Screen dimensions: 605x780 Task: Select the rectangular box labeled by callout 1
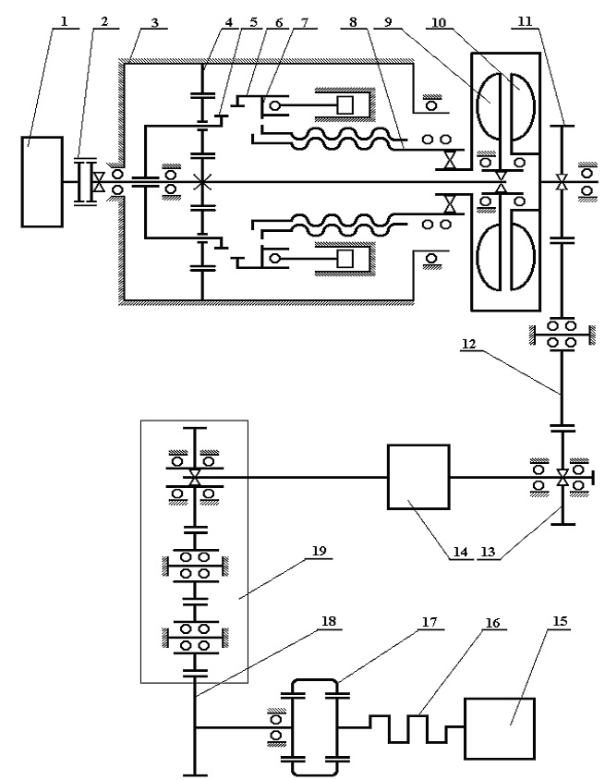pyautogui.click(x=42, y=181)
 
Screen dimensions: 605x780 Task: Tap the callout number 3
pyautogui.click(x=154, y=22)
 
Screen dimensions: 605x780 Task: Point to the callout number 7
pyautogui.click(x=304, y=22)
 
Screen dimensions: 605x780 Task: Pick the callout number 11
pyautogui.click(x=525, y=21)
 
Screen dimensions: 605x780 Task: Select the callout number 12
pyautogui.click(x=469, y=344)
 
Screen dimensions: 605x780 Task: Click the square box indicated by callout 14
pyautogui.click(x=418, y=477)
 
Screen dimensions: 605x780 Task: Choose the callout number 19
pyautogui.click(x=320, y=551)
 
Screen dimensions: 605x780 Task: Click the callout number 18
pyautogui.click(x=329, y=621)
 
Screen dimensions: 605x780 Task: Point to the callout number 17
pyautogui.click(x=430, y=622)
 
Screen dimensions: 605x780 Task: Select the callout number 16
pyautogui.click(x=492, y=622)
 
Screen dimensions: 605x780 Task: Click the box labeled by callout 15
pyautogui.click(x=500, y=728)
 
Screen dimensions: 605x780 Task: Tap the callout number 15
pyautogui.click(x=559, y=621)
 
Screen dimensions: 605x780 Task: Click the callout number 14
pyautogui.click(x=460, y=551)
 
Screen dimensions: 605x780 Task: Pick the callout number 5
pyautogui.click(x=254, y=22)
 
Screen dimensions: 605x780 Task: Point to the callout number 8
pyautogui.click(x=354, y=22)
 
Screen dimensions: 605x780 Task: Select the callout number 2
pyautogui.click(x=103, y=21)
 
